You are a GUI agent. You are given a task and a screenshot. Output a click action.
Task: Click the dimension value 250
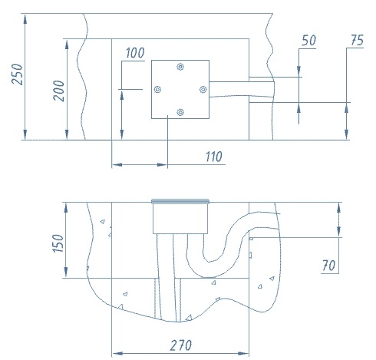17,74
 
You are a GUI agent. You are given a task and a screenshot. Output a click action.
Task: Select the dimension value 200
58,91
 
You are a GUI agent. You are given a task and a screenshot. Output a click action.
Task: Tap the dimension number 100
135,53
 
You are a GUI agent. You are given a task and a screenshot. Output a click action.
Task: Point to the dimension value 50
308,41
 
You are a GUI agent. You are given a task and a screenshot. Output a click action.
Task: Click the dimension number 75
357,40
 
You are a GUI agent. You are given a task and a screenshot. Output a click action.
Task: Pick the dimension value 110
214,157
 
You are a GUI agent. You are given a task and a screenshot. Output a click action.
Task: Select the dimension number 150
58,243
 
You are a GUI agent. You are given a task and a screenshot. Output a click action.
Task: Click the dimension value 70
328,266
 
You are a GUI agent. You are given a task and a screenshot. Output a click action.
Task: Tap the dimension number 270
180,345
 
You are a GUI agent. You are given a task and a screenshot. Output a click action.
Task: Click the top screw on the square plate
180,67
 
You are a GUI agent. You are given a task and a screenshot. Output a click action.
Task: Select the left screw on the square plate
157,90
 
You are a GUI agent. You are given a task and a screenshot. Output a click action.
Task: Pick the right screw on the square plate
203,90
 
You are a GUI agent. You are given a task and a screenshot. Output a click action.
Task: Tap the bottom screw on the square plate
180,112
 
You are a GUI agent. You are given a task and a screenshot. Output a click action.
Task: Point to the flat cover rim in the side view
180,202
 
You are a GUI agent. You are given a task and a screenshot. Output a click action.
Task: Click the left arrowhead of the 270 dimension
117,354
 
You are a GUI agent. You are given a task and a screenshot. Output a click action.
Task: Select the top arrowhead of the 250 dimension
25,19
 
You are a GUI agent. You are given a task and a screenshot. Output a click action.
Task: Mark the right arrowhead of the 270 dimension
243,354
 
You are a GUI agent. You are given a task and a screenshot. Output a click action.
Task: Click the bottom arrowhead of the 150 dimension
66,272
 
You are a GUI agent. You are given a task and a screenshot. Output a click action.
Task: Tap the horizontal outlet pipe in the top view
242,89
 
